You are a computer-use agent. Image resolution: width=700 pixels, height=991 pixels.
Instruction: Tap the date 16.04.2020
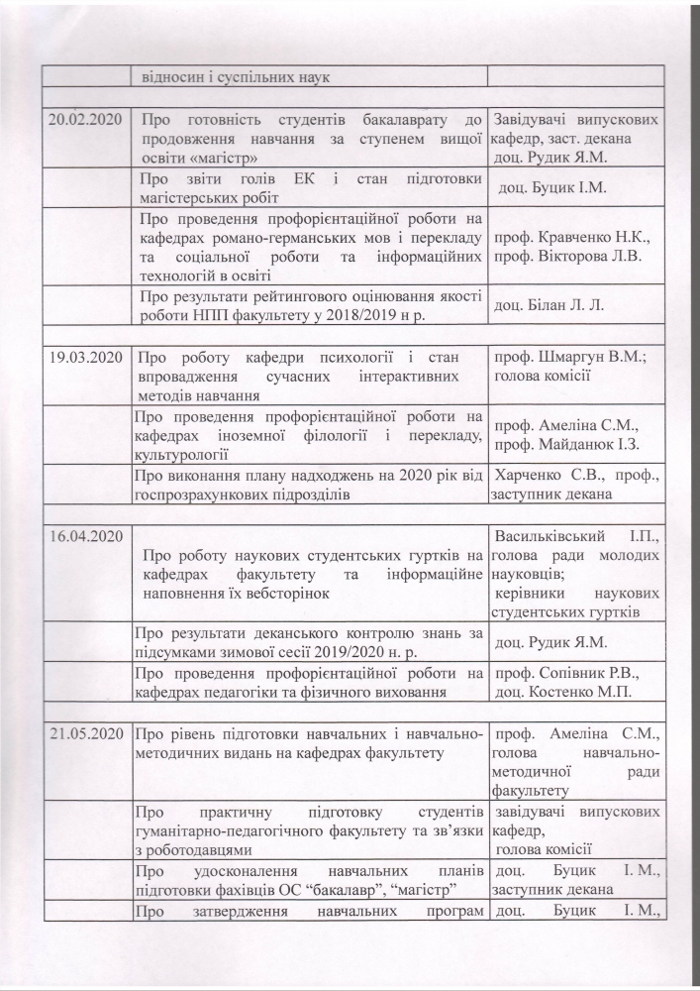pos(85,535)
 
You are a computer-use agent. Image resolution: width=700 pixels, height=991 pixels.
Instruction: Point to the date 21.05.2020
pos(85,734)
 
